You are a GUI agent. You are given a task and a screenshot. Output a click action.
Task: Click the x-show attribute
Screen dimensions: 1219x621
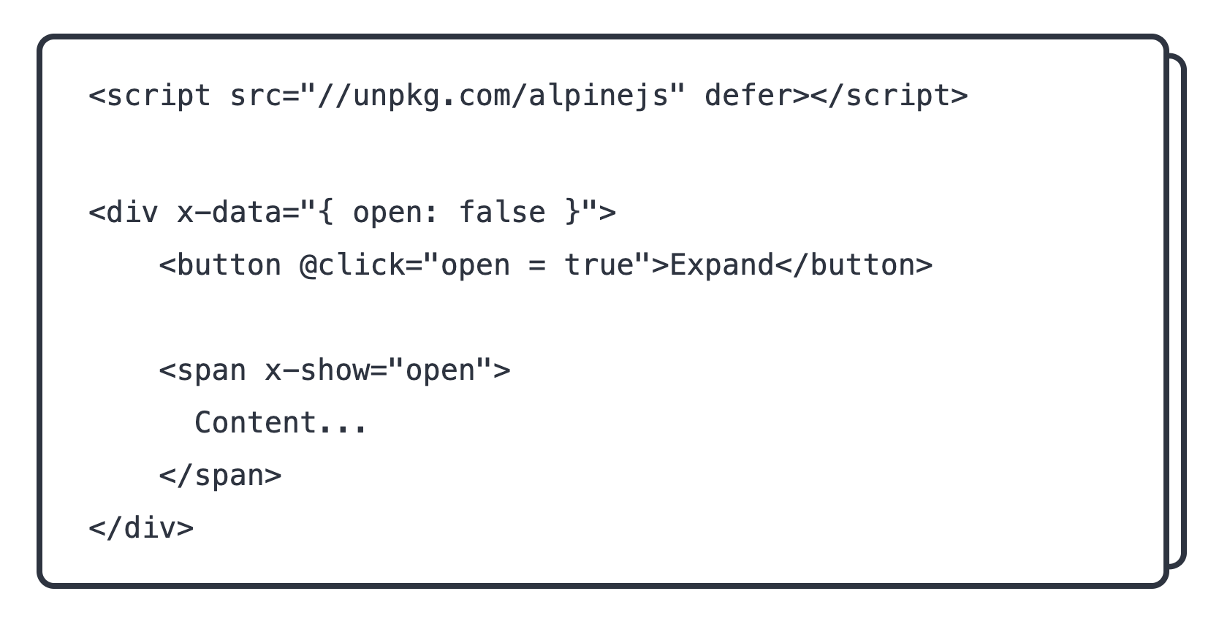317,371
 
